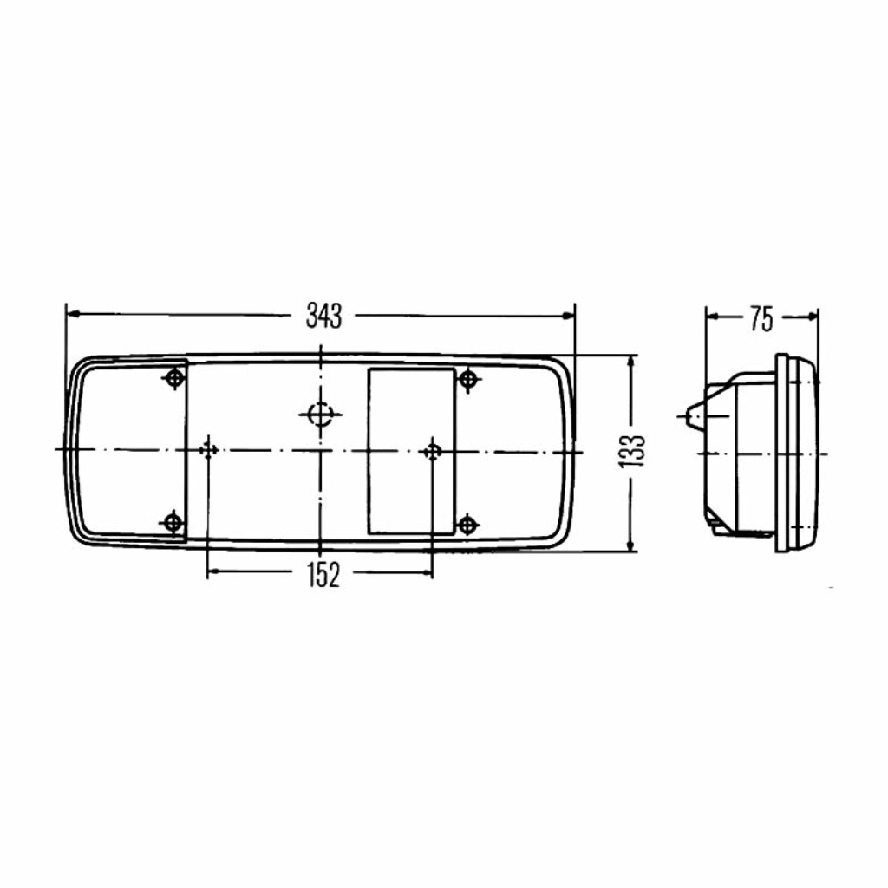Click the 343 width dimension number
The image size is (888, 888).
click(324, 316)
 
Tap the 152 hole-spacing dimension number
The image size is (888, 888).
click(323, 574)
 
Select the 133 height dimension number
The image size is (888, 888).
click(632, 451)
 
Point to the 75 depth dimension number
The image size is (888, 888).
click(761, 319)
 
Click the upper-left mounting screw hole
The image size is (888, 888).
click(174, 377)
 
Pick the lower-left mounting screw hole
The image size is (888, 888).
click(173, 521)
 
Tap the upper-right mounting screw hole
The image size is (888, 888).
click(467, 379)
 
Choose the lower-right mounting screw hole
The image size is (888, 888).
click(467, 524)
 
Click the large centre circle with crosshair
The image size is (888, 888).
click(321, 415)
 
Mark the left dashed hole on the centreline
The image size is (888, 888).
click(208, 450)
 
